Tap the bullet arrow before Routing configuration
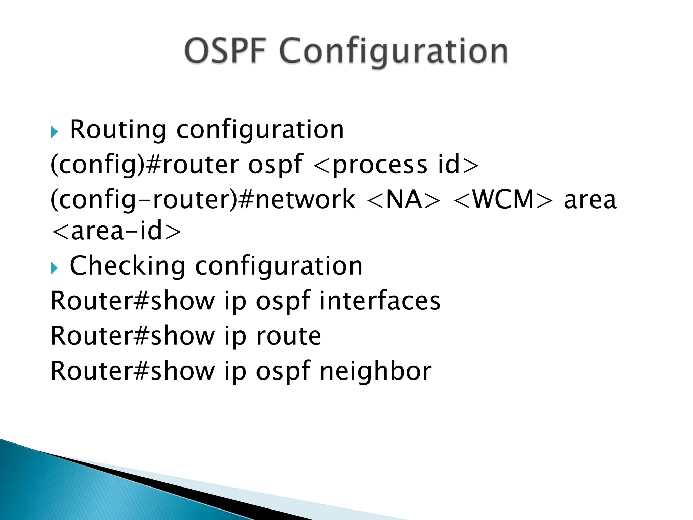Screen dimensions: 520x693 (x=54, y=131)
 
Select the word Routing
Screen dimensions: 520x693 (x=118, y=130)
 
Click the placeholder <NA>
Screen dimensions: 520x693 (x=404, y=199)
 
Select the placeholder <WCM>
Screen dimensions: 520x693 (x=503, y=199)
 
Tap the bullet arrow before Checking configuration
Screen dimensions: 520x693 (x=54, y=268)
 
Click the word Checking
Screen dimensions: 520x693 (x=127, y=266)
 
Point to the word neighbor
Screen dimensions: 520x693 (x=375, y=371)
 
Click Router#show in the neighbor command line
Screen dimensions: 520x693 (x=133, y=371)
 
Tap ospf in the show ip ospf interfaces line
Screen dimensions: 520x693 (x=283, y=301)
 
